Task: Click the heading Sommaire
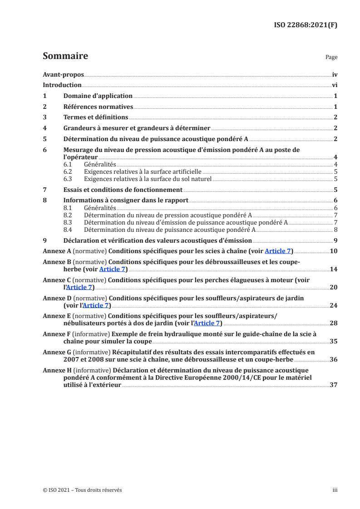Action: pyautogui.click(x=65, y=56)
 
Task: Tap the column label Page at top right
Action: pyautogui.click(x=331, y=58)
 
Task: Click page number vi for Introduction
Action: pyautogui.click(x=334, y=85)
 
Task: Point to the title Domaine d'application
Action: pyautogui.click(x=98, y=96)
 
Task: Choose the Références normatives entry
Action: pyautogui.click(x=98, y=107)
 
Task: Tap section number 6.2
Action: pyautogui.click(x=68, y=172)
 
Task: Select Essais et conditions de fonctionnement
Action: pyautogui.click(x=123, y=190)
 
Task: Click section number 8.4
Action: pyautogui.click(x=68, y=230)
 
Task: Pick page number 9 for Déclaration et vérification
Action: pyautogui.click(x=335, y=240)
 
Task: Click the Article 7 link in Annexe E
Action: pyautogui.click(x=207, y=323)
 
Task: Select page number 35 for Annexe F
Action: pyautogui.click(x=333, y=342)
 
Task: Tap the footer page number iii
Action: pyautogui.click(x=335, y=490)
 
